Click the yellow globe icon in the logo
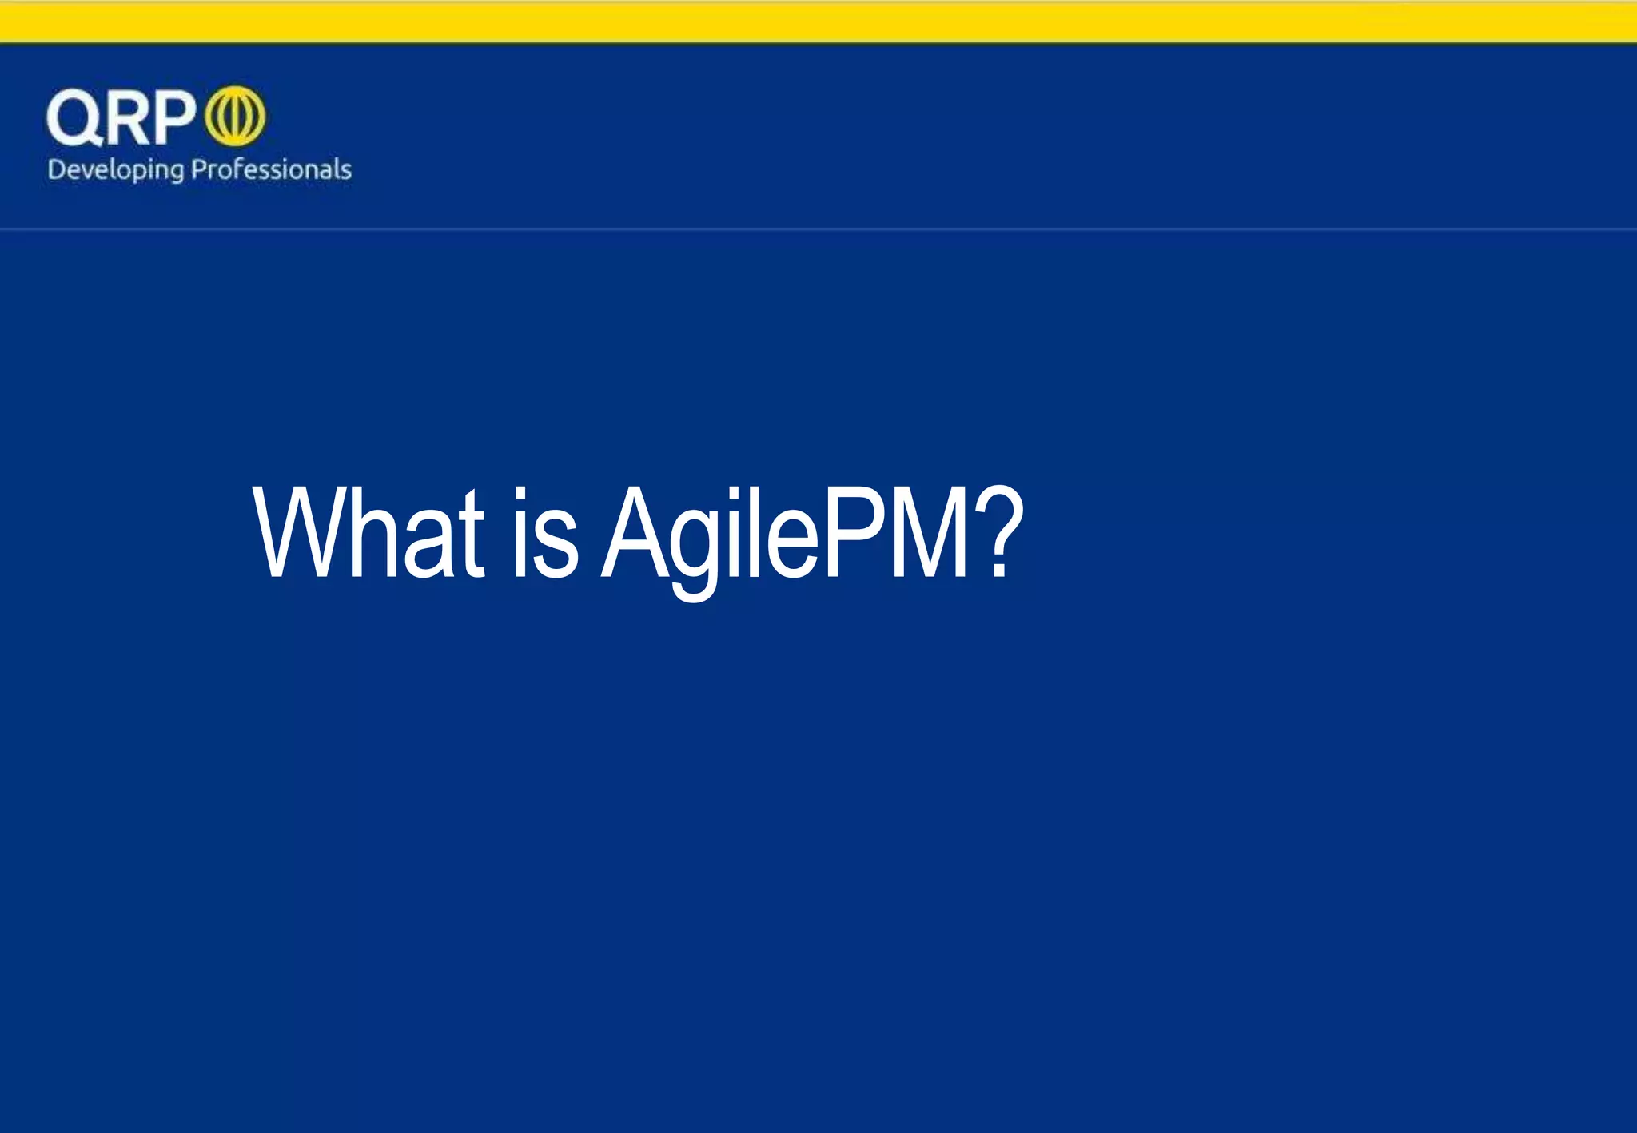(236, 117)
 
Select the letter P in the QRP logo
(173, 117)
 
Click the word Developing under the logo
(115, 170)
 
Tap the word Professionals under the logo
(272, 169)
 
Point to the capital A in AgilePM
(635, 534)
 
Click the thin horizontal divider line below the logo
(818, 229)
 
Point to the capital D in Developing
(57, 169)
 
